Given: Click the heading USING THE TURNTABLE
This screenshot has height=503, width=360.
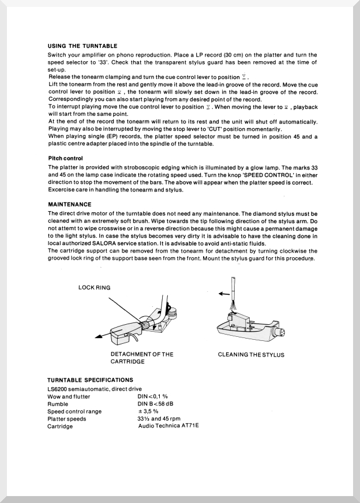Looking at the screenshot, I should (x=82, y=46).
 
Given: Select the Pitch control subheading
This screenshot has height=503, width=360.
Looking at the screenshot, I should (x=65, y=158).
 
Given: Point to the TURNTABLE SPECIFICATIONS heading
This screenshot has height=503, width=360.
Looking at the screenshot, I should (x=90, y=380).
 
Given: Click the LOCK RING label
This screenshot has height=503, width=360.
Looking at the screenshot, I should (x=94, y=287).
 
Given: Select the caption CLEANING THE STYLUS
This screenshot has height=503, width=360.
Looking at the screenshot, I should (x=251, y=355).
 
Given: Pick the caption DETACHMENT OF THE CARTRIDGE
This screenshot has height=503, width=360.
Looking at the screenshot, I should (x=142, y=358).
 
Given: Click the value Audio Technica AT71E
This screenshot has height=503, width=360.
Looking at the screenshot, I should (x=168, y=426).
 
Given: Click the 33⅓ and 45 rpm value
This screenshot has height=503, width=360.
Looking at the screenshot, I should (x=155, y=419).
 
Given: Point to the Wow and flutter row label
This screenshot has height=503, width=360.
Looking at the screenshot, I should (x=69, y=396).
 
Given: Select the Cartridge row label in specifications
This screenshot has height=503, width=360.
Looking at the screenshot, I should (x=60, y=426).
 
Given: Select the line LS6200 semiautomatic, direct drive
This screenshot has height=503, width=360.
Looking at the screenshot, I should (x=95, y=389).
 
